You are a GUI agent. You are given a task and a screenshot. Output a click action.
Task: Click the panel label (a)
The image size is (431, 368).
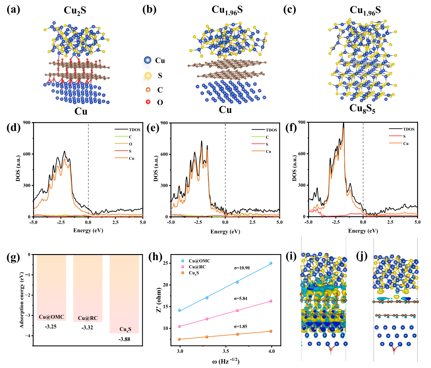pos(13,10)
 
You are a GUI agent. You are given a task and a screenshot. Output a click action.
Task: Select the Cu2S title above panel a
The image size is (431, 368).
pos(75,10)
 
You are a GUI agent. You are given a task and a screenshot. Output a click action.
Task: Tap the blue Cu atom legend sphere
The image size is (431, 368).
pos(148,60)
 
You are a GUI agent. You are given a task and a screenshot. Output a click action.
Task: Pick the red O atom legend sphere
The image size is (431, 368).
pos(148,102)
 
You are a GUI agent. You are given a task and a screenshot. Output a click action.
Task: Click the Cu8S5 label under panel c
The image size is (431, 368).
pos(362,109)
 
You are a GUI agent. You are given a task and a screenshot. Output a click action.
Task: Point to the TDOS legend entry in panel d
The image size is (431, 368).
pos(134,130)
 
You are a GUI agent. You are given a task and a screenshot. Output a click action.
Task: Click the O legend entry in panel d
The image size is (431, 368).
pos(130,144)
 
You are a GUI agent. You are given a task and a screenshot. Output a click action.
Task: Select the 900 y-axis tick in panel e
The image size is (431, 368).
pos(164,123)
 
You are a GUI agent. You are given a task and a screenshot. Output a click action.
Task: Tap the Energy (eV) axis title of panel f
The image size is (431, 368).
pos(363,231)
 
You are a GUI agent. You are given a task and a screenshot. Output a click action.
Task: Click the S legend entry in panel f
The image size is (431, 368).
pos(404,136)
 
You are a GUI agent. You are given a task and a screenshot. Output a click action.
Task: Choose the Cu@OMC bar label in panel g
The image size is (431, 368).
pos(51,317)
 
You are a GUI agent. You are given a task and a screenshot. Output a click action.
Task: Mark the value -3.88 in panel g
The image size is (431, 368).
pos(124,339)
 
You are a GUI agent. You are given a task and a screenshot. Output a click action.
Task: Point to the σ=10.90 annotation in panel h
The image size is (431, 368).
pos(242,268)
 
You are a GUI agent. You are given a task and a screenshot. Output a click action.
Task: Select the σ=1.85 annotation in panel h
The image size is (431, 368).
pos(240,327)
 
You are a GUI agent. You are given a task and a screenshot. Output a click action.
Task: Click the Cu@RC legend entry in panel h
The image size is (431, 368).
pos(197,267)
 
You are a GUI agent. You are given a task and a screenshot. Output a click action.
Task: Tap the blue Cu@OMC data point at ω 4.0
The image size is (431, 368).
pos(271,263)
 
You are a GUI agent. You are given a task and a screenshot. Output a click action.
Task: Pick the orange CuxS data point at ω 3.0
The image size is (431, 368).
pos(179,339)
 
